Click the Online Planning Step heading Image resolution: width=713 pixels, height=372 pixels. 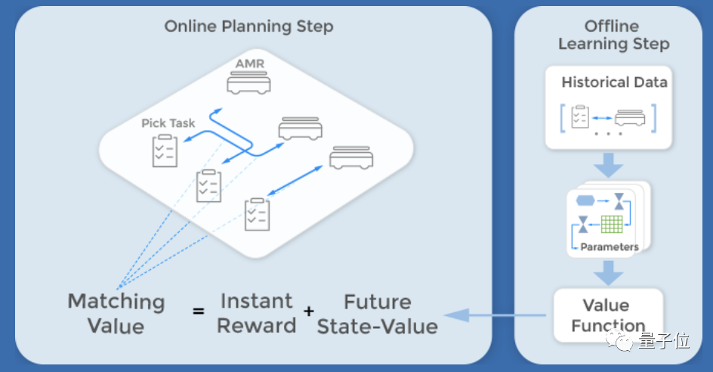(248, 27)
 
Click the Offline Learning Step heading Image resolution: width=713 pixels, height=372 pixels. (613, 35)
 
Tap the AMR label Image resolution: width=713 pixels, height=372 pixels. (249, 64)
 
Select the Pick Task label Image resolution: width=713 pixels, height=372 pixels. (168, 123)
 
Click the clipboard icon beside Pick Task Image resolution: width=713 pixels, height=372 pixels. (164, 150)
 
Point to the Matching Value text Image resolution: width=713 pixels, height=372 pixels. (116, 313)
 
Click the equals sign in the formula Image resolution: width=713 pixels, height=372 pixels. (198, 311)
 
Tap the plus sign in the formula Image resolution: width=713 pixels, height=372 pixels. (308, 311)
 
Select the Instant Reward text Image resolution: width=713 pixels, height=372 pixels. (258, 313)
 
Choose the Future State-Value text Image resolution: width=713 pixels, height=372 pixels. (377, 314)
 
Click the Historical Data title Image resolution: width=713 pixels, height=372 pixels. (613, 82)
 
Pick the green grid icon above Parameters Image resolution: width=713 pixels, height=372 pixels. (612, 225)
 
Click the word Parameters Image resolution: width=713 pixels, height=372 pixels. (610, 247)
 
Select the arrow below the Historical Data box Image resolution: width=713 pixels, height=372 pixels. (607, 164)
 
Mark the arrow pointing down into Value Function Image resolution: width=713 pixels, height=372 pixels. (607, 271)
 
